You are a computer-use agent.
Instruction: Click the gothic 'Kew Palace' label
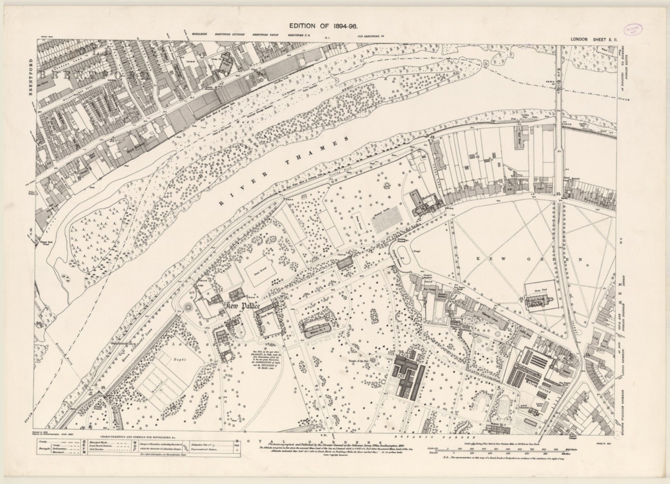(238, 306)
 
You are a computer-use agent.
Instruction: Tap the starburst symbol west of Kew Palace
(189, 307)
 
